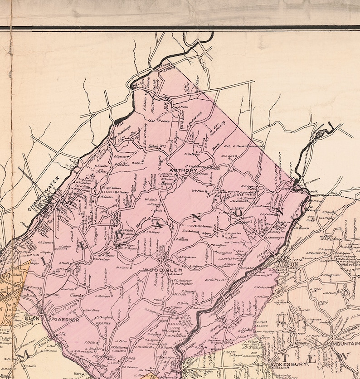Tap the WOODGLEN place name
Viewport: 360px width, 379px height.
click(x=156, y=270)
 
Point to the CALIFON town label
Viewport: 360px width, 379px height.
click(x=287, y=264)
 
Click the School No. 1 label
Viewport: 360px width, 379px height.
click(x=156, y=146)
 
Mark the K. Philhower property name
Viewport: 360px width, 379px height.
click(x=215, y=279)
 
